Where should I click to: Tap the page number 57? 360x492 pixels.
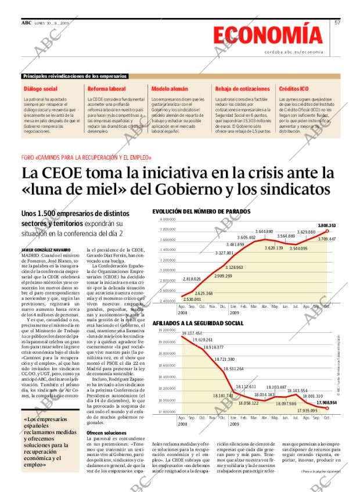[337, 23]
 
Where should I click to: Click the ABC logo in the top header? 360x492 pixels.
[26, 23]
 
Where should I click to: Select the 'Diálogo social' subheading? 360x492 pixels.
[41, 89]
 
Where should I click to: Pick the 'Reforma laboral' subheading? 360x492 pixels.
[106, 89]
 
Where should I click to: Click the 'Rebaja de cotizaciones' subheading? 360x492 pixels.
[242, 89]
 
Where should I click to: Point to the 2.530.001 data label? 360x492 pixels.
[192, 299]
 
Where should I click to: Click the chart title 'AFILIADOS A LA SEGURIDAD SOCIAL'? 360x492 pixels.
[197, 322]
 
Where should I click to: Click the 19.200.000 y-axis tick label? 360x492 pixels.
[167, 330]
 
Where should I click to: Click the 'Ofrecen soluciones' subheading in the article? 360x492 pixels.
[106, 433]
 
